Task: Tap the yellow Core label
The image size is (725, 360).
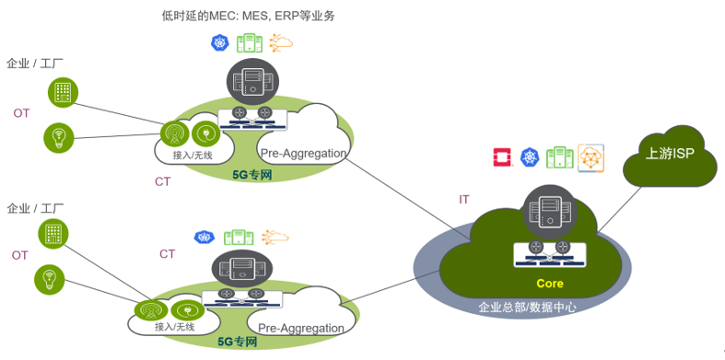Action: (x=549, y=284)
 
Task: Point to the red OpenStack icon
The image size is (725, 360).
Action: (x=502, y=157)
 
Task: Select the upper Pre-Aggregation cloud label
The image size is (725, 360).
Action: (x=303, y=153)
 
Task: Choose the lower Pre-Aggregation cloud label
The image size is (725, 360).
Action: (x=301, y=327)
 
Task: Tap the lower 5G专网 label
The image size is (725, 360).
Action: (x=237, y=342)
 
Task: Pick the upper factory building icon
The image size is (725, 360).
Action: (x=64, y=92)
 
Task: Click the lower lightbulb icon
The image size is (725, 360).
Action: (x=49, y=278)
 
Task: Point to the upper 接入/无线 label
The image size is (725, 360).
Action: (x=193, y=156)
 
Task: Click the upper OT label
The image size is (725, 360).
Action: (x=22, y=113)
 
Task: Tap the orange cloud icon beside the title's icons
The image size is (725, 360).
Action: (x=280, y=42)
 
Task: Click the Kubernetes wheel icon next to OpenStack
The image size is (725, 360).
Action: (x=530, y=158)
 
